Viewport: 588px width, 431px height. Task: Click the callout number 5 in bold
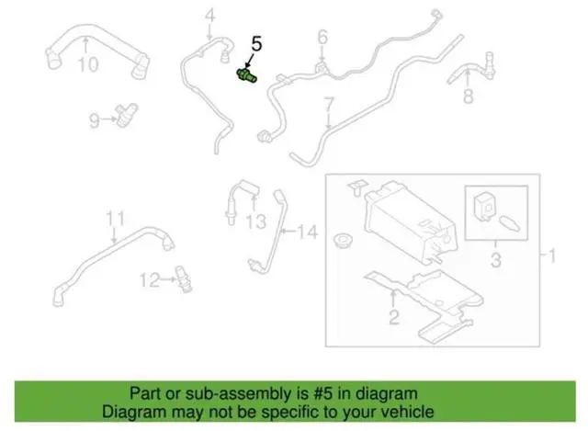coord(256,43)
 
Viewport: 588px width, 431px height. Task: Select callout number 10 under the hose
coord(87,64)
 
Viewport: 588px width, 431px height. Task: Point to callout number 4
coord(209,15)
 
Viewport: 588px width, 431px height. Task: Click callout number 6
coord(322,38)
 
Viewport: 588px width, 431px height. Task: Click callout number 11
coord(114,218)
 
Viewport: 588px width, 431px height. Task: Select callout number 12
coord(148,278)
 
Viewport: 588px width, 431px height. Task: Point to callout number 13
coord(256,221)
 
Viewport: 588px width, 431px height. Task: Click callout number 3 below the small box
coord(495,263)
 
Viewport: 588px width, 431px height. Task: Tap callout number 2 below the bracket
coord(393,319)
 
